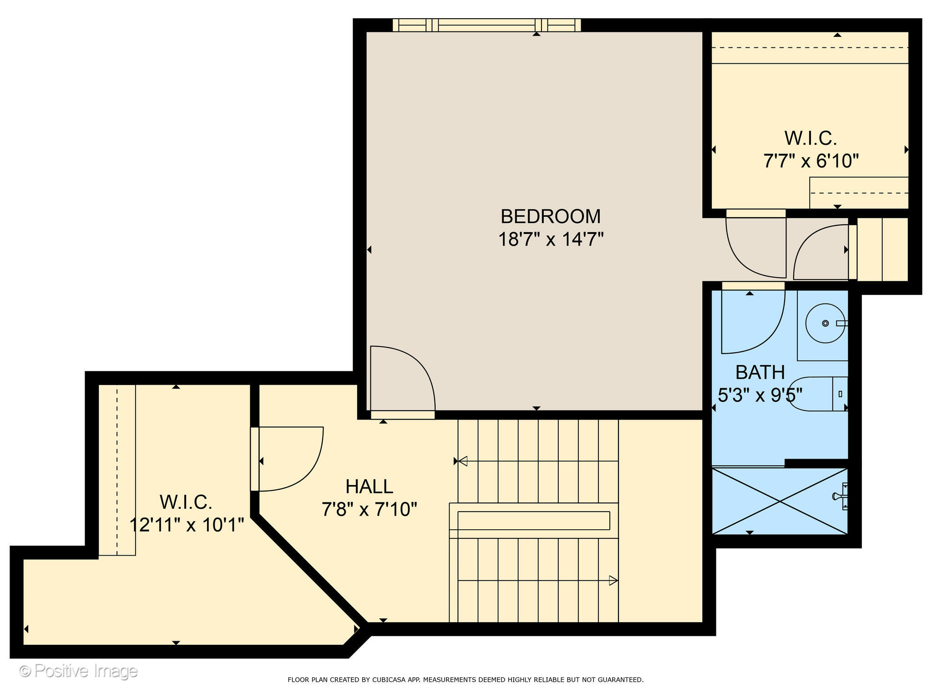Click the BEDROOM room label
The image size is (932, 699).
pos(550,217)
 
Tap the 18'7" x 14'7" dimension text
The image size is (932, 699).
pos(550,239)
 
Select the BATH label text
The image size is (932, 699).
pos(760,373)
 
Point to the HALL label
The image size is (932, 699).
pos(369,487)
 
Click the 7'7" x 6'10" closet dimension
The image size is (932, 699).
pos(810,161)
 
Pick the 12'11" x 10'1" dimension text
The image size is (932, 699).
pos(187,525)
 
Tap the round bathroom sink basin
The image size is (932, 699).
pos(825,323)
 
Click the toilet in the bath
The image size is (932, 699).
pos(817,394)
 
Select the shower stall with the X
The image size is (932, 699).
pos(780,501)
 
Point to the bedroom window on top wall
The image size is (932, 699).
pos(486,25)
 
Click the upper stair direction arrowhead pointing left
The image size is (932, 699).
pos(462,461)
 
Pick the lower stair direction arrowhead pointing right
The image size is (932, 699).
pos(613,581)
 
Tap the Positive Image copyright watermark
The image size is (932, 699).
pos(78,671)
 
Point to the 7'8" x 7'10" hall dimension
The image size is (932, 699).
pos(369,509)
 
